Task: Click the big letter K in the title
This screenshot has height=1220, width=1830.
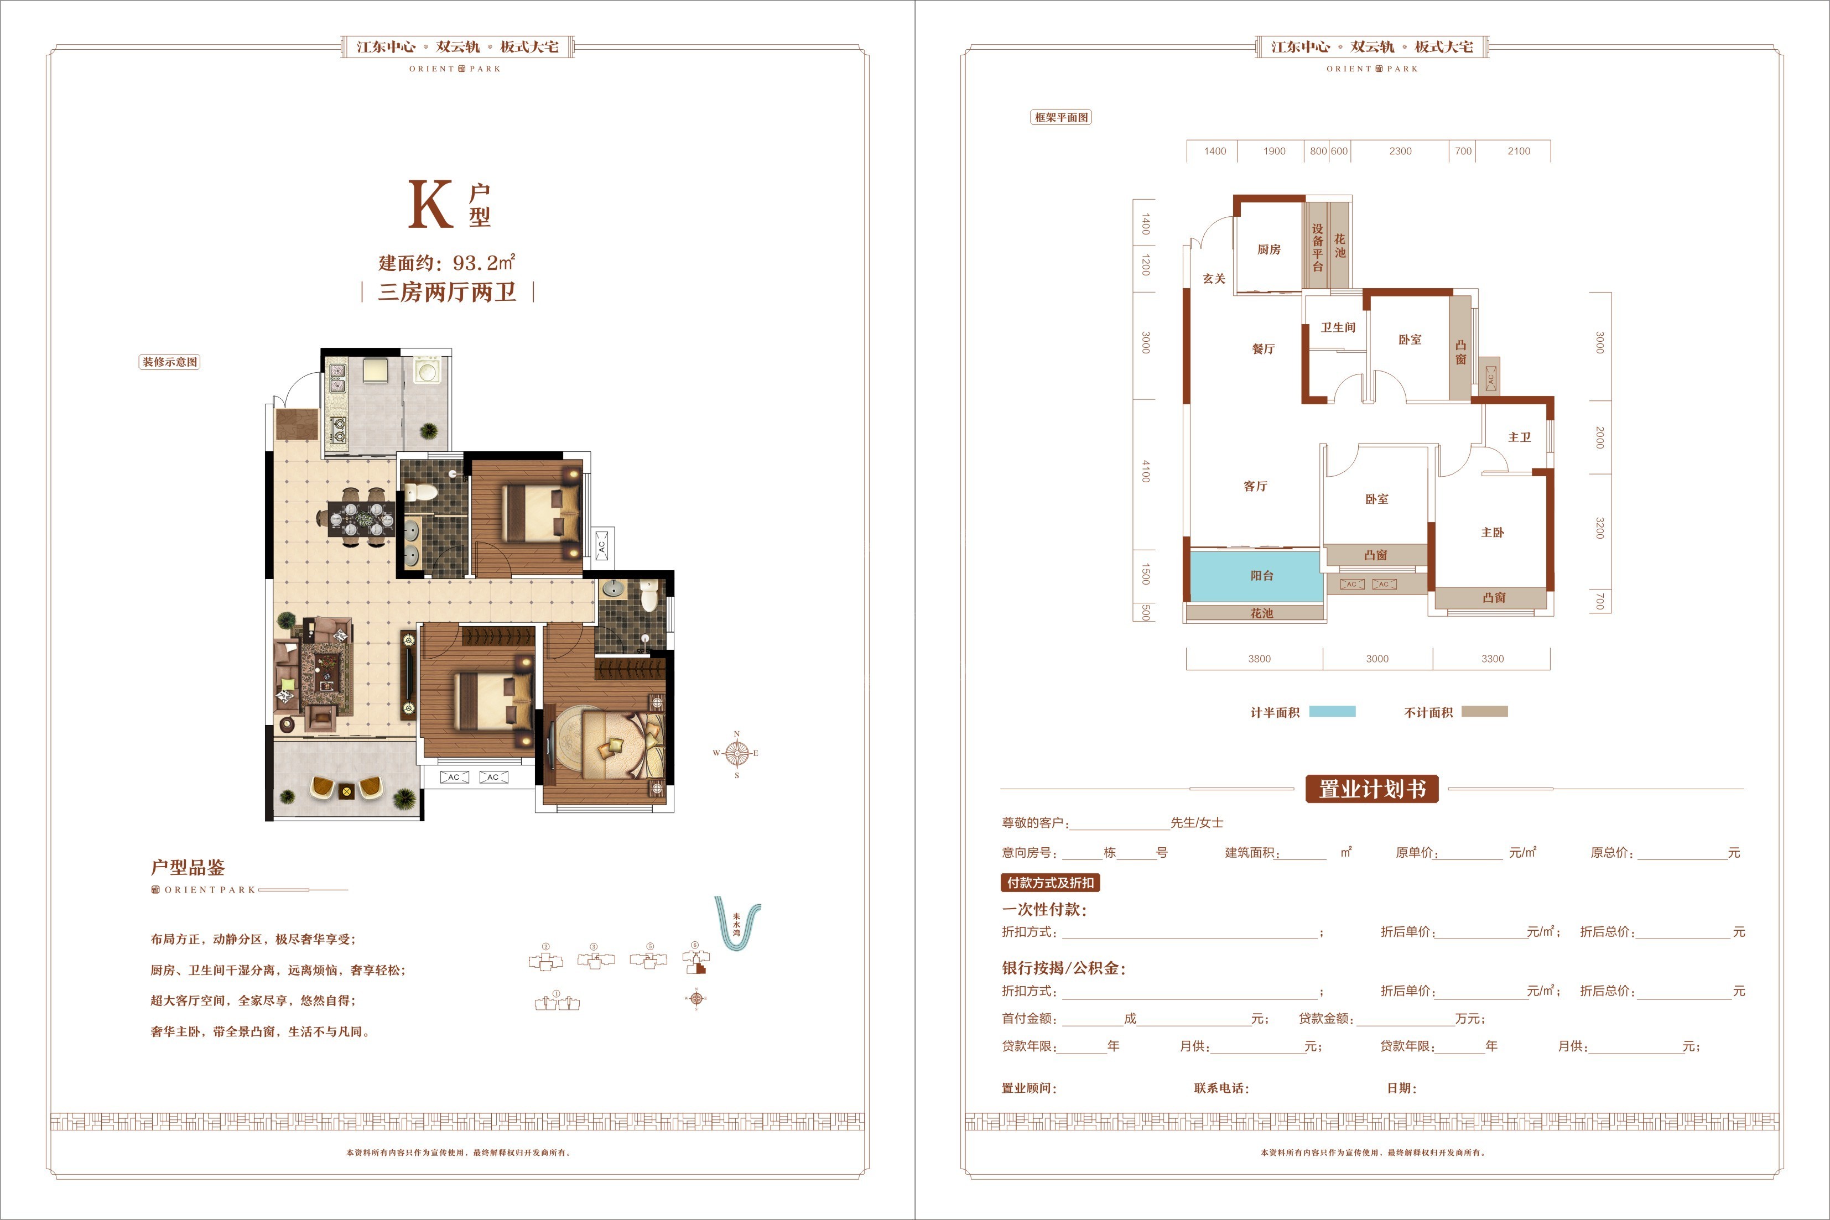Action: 431,204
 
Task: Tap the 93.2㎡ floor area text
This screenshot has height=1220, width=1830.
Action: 484,262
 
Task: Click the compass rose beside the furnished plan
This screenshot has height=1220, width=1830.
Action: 736,753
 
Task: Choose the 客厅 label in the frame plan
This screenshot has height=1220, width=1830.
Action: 1255,486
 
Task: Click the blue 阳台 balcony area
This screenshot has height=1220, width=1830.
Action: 1256,576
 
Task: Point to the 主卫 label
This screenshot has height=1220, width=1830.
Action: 1520,437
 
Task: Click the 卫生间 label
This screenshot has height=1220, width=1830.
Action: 1338,327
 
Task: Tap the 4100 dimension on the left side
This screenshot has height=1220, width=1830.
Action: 1145,471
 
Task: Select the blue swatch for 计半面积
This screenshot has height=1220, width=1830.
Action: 1332,711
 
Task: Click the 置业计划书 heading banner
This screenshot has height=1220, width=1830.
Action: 1372,789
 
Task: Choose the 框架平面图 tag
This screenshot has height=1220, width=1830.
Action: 1061,117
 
